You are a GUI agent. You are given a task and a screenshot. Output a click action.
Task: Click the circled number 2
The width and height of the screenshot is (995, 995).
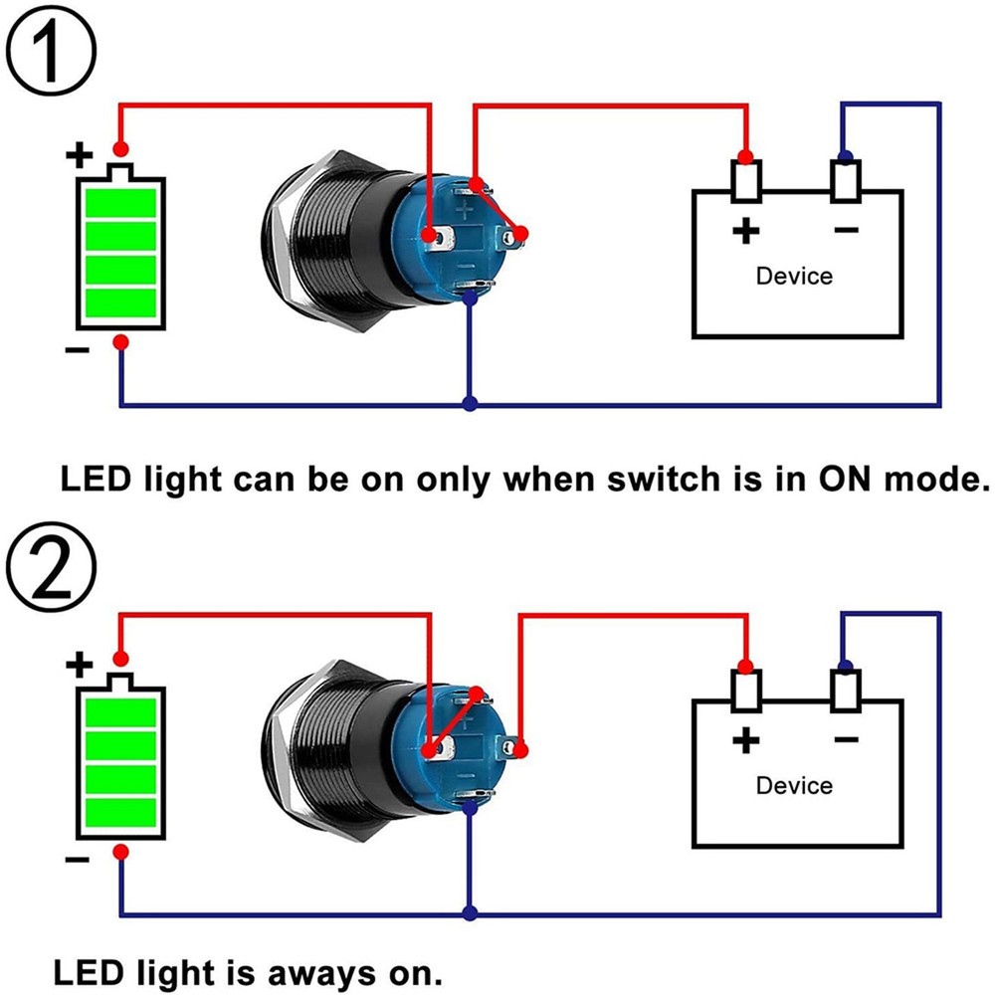pos(53,570)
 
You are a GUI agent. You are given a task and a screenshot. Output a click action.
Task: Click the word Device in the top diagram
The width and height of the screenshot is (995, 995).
pos(794,276)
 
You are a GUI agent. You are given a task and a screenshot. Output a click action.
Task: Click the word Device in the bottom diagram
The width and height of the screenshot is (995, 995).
pos(794,785)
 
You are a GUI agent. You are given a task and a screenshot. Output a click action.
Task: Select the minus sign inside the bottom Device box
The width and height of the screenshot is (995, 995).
pos(846,740)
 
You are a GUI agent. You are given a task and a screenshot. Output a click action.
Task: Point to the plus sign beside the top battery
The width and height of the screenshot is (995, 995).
pos(80,155)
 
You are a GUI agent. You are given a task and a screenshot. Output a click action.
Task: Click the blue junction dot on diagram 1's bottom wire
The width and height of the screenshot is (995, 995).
pos(470,404)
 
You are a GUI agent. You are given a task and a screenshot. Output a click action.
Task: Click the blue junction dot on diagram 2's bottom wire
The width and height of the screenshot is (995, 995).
pos(470,912)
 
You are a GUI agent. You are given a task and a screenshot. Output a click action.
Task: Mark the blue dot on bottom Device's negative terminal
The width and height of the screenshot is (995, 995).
pos(845,666)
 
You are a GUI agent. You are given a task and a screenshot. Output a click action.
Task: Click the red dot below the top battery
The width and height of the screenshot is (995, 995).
pos(120,342)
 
